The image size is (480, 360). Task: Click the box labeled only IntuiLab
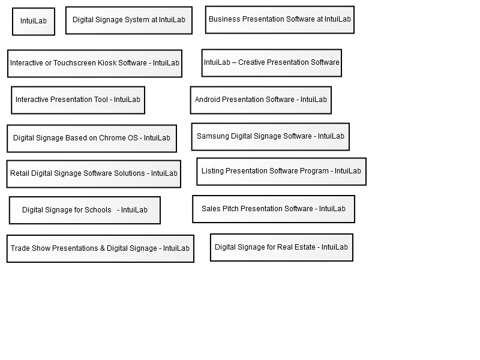(x=34, y=22)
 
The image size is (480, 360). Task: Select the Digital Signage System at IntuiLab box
(x=129, y=20)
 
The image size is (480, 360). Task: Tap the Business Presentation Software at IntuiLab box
(x=280, y=20)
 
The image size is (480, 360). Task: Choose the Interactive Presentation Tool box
(x=78, y=100)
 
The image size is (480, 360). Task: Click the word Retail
(x=20, y=173)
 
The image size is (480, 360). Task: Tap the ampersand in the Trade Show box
(x=102, y=248)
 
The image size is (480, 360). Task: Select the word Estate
(x=305, y=247)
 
